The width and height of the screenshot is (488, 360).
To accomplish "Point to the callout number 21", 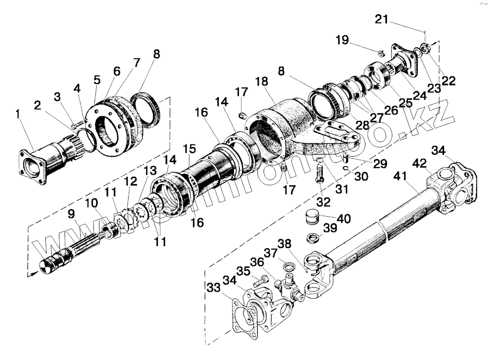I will [382, 20].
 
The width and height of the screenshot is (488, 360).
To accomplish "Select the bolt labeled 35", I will [258, 282].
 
